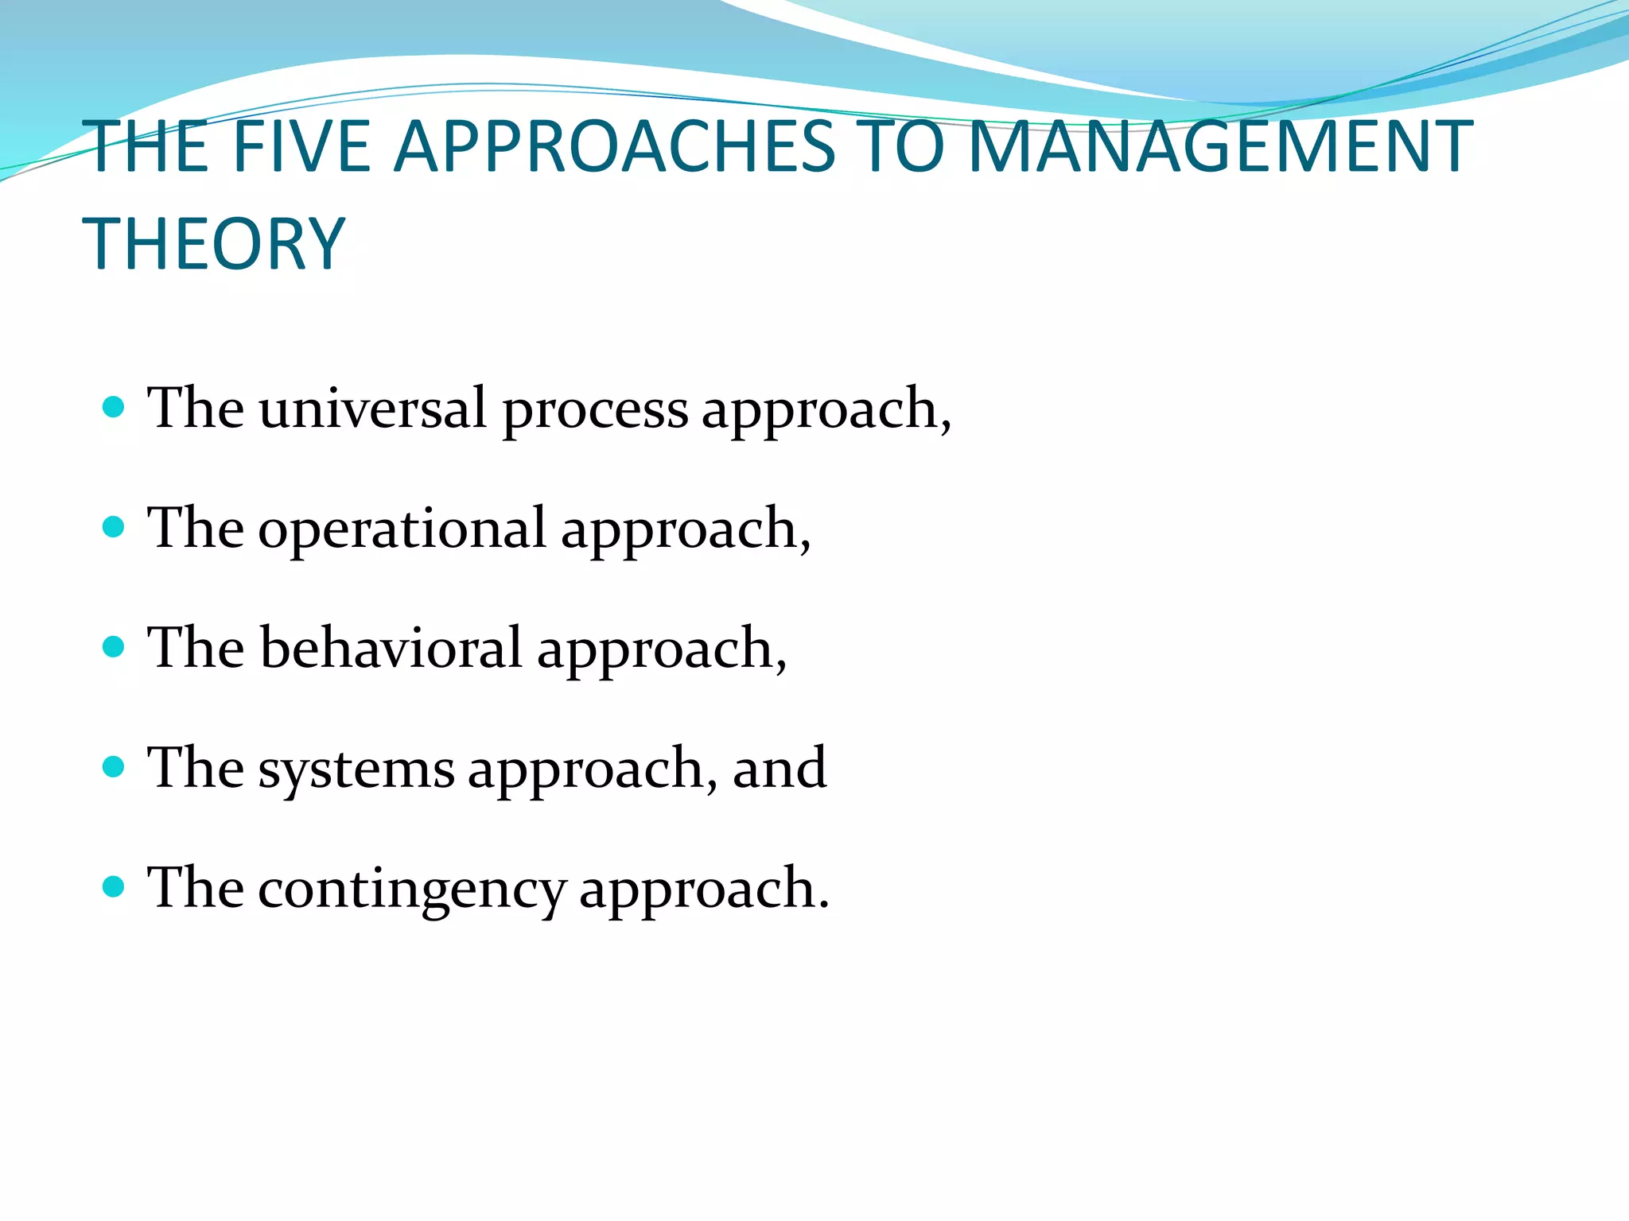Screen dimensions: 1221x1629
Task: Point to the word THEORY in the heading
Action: coord(214,244)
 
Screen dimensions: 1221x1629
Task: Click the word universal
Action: coord(372,409)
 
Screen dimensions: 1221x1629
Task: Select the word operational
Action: coord(402,530)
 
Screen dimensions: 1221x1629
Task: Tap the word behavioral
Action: coord(391,648)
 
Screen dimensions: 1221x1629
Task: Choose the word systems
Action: coord(356,770)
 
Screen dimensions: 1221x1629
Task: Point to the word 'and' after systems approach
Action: coord(780,769)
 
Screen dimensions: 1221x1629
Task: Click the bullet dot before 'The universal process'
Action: coord(115,408)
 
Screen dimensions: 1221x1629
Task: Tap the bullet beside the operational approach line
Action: coord(115,527)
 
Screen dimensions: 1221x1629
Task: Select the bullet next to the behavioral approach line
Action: coord(115,647)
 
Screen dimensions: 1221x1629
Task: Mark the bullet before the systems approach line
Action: coord(115,767)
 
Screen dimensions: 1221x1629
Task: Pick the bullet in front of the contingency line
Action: coord(115,886)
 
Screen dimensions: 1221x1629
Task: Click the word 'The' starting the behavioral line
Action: coord(196,648)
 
